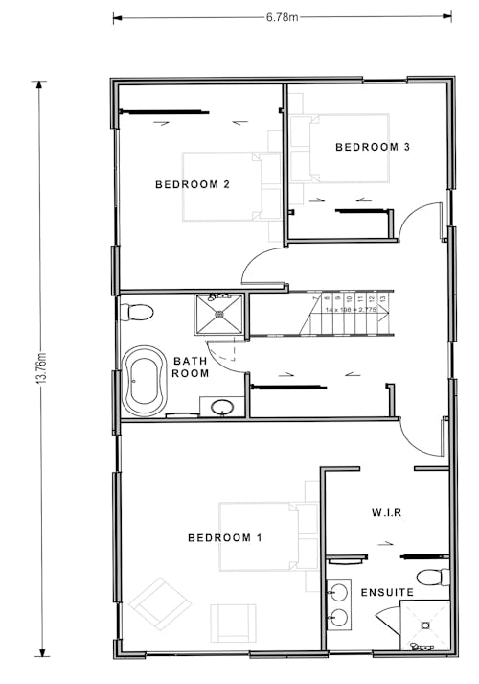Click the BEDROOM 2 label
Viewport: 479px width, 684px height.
point(192,185)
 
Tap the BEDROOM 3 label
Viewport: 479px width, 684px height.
point(373,147)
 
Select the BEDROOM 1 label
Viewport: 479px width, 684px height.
point(225,538)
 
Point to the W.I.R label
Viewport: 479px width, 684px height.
point(385,513)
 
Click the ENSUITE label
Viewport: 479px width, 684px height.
point(387,593)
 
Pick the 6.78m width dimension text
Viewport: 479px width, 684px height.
point(282,16)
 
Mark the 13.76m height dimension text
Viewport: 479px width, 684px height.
point(41,367)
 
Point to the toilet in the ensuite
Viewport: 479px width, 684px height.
point(439,577)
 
